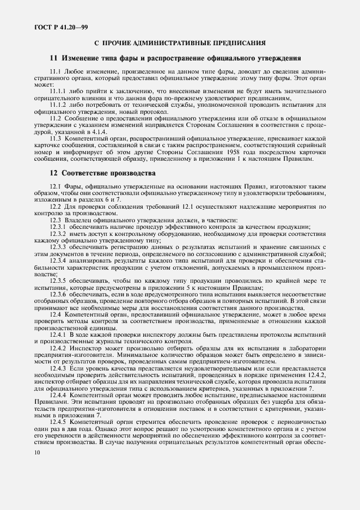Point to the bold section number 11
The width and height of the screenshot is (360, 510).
point(53,58)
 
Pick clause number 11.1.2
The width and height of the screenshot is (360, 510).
point(58,104)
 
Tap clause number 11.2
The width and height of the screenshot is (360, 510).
point(56,118)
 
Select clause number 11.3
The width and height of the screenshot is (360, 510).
point(56,138)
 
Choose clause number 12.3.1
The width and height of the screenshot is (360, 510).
point(58,227)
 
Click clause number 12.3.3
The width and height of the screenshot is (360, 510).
point(58,247)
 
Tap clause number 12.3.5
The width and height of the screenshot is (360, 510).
point(58,281)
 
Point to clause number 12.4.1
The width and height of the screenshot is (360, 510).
point(58,333)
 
